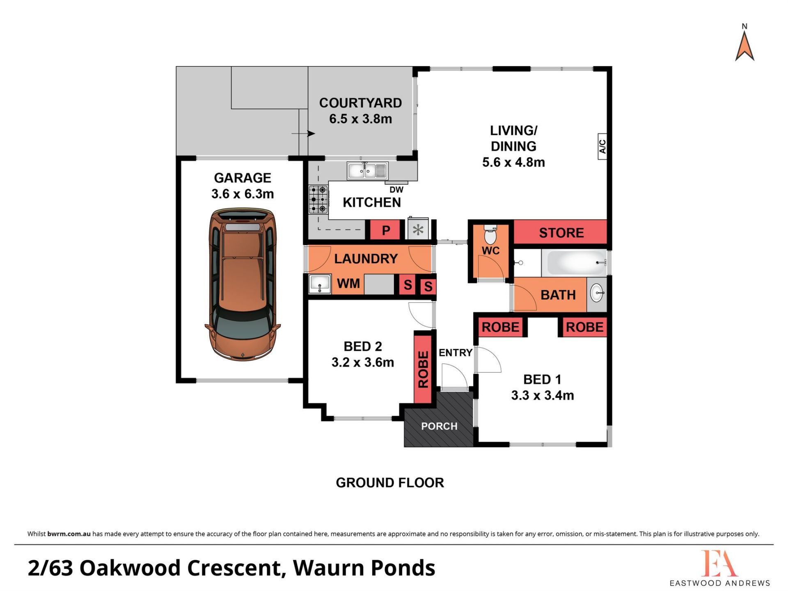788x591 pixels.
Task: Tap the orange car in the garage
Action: [x=243, y=284]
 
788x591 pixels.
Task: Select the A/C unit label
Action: [x=602, y=146]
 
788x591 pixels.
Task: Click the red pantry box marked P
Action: [x=385, y=230]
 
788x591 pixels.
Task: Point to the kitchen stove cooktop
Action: [x=318, y=199]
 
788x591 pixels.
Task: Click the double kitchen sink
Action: [x=367, y=171]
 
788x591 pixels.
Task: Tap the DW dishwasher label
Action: [x=396, y=190]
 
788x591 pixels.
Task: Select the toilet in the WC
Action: [x=490, y=234]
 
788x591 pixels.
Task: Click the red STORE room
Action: [x=560, y=232]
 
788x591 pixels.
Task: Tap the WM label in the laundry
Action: [x=348, y=283]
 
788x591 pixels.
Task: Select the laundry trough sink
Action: [x=320, y=284]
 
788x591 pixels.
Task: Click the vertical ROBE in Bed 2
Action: [x=423, y=369]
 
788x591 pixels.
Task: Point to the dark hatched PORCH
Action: [x=439, y=419]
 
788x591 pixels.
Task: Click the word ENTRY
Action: [x=455, y=353]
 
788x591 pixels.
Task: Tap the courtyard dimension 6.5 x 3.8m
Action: [x=360, y=119]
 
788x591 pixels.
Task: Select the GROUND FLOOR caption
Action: [x=390, y=483]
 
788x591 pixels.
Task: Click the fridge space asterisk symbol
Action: [x=418, y=229]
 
